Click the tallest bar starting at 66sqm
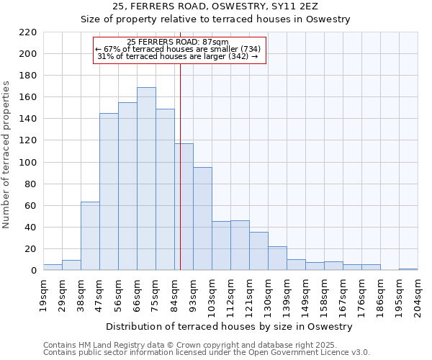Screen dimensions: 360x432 (146, 179)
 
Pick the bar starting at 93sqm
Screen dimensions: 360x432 (202, 219)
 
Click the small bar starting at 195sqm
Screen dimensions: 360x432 (408, 269)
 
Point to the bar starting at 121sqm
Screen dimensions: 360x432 (258, 251)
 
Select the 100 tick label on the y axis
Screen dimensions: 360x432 (28, 163)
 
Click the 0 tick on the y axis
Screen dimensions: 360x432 (33, 271)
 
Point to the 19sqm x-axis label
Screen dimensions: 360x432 (43, 294)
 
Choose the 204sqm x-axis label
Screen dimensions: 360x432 (418, 294)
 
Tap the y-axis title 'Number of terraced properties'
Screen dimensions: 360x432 (6, 155)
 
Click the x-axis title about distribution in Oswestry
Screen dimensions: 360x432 (230, 326)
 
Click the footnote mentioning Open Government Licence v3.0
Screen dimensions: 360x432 (206, 353)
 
